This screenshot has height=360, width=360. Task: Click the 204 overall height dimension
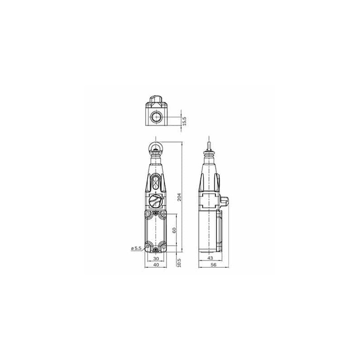[179, 197]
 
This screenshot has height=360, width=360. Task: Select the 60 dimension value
[174, 230]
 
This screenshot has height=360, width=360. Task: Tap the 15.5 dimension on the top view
[184, 121]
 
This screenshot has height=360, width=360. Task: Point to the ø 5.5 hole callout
[136, 248]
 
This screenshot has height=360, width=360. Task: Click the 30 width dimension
[156, 259]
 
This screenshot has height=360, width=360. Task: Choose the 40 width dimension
[156, 265]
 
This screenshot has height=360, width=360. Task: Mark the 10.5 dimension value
[179, 263]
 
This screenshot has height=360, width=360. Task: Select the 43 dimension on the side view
[210, 258]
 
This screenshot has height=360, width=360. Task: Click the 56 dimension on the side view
[213, 265]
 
